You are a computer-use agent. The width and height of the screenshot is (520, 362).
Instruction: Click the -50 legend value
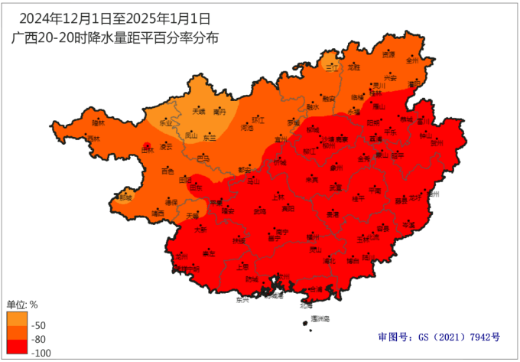(41, 325)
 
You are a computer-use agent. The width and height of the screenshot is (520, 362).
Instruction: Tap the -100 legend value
(43, 352)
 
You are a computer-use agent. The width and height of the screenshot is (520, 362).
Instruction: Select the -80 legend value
(41, 339)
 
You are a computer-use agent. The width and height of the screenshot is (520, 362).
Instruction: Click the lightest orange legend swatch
(18, 318)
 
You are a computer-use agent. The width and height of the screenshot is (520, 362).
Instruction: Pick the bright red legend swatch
(18, 346)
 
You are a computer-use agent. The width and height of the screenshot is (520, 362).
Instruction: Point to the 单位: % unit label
(22, 304)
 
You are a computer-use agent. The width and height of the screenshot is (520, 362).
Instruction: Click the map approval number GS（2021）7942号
(439, 337)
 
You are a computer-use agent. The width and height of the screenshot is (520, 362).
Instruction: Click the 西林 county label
(93, 139)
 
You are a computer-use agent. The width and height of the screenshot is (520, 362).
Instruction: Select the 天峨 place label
(199, 111)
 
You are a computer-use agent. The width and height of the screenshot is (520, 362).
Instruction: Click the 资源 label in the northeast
(388, 55)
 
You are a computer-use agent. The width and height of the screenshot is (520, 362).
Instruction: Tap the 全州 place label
(413, 60)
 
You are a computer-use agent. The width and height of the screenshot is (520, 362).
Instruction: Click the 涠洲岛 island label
(320, 318)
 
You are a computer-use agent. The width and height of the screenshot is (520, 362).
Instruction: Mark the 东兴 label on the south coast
(243, 300)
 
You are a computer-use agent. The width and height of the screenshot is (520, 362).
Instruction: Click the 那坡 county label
(125, 197)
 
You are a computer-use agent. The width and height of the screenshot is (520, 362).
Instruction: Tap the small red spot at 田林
(148, 144)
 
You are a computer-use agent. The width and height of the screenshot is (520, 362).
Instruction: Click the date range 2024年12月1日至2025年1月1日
(114, 17)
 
